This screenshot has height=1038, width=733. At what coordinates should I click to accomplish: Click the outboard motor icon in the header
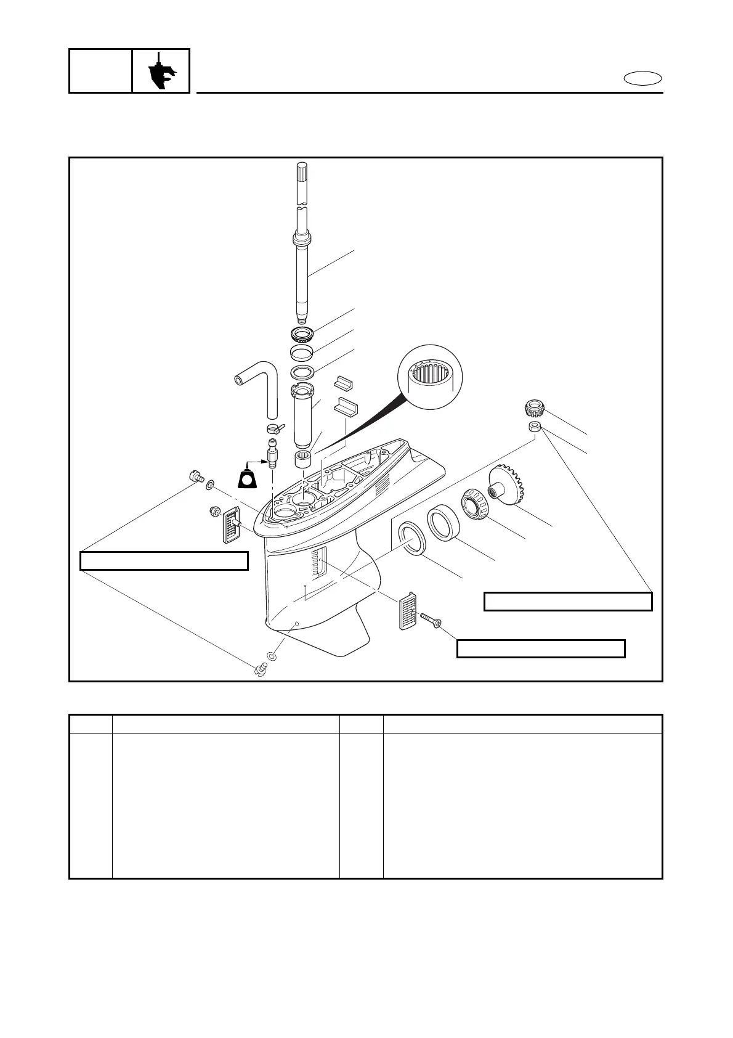point(161,71)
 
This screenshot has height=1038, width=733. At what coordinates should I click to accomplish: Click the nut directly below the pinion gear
point(535,428)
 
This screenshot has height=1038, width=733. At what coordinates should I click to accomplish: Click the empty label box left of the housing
point(164,561)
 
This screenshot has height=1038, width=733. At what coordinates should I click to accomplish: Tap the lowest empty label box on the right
point(540,648)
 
